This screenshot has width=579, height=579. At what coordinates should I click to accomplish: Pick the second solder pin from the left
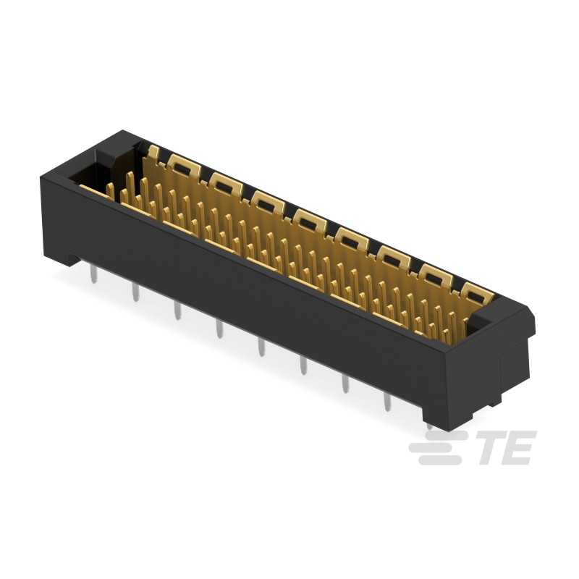(x=135, y=291)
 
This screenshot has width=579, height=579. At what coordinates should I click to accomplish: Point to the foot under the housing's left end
(x=72, y=258)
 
